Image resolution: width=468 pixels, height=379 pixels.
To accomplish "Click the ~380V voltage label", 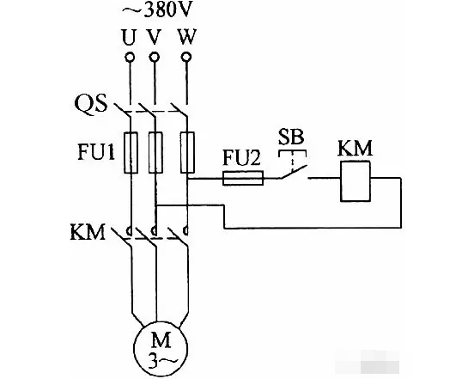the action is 155,11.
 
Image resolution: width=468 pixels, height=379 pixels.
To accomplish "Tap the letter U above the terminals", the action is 129,37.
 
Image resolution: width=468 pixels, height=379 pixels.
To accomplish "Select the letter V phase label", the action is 154,37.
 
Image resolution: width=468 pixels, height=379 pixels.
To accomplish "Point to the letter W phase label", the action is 187,37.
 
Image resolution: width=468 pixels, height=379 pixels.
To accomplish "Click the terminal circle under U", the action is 130,57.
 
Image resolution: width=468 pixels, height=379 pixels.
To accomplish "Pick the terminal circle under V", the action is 154,57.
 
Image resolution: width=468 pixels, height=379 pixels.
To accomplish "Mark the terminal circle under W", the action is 186,57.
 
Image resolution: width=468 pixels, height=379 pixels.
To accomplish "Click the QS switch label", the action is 91,103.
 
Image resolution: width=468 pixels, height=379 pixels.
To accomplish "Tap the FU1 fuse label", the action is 96,152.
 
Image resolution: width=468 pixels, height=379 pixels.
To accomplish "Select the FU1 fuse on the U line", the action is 131,152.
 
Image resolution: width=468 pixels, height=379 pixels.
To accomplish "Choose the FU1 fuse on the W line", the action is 187,152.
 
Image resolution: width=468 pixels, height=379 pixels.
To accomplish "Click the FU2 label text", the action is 242,158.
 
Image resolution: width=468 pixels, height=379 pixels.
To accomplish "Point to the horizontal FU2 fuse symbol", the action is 243,178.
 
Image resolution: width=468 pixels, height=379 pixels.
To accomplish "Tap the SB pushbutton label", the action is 291,138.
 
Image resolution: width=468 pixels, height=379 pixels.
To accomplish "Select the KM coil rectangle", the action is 356,181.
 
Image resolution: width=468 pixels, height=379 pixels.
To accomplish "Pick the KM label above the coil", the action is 356,148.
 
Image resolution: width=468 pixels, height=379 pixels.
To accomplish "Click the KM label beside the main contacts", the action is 88,232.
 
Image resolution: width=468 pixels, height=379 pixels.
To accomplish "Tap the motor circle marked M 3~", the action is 161,348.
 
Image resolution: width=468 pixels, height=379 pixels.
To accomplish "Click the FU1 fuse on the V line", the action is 155,152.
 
